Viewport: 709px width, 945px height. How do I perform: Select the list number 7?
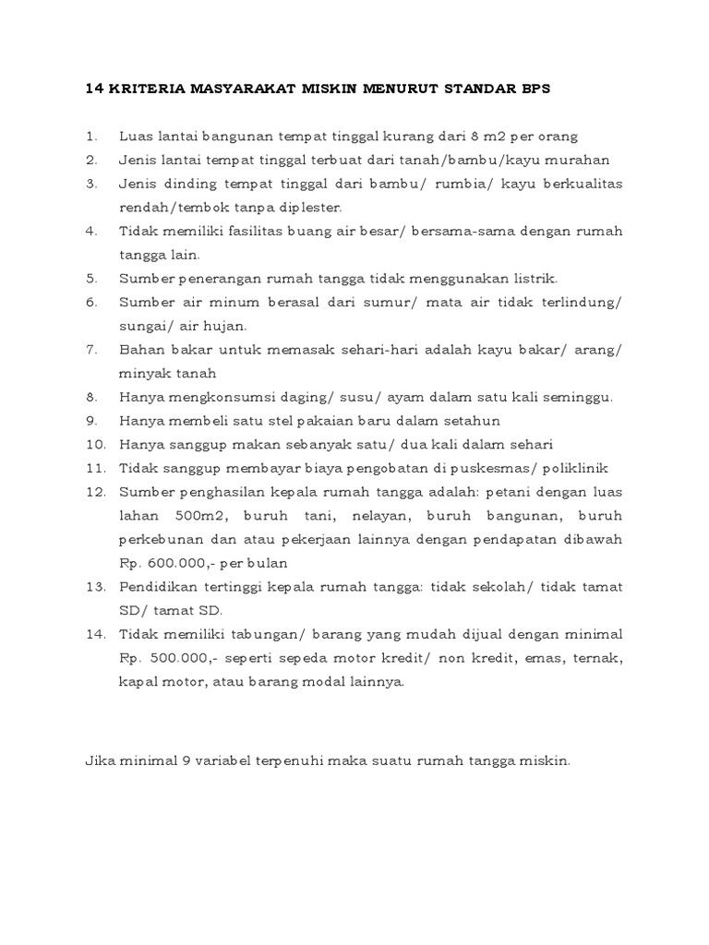coord(91,350)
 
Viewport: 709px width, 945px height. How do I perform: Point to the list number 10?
coord(94,445)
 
